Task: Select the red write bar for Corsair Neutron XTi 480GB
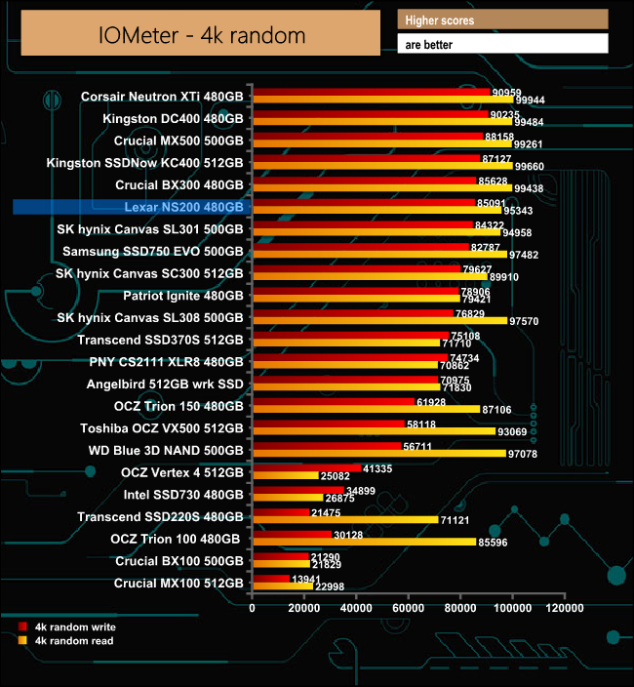coord(371,93)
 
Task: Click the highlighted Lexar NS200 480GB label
coord(184,207)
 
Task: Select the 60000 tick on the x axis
coord(408,608)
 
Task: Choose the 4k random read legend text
coord(74,641)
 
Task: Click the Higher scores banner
coord(502,20)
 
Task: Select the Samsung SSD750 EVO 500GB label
coord(153,251)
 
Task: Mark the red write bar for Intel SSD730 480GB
coord(297,490)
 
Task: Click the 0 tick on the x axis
coord(253,608)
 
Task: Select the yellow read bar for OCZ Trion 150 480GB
coord(366,409)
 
